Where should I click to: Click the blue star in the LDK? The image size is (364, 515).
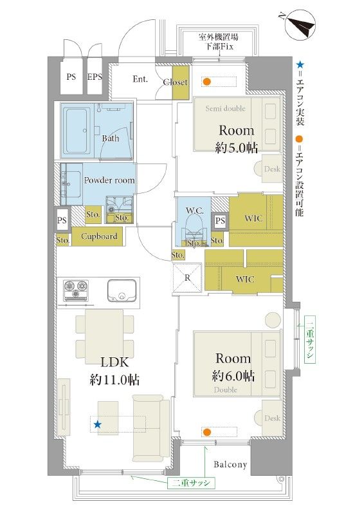[98, 425]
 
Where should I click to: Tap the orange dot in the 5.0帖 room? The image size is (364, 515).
[206, 82]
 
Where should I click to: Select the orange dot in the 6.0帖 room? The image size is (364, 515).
[206, 432]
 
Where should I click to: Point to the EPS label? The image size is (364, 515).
[95, 77]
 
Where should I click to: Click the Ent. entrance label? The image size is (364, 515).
[140, 79]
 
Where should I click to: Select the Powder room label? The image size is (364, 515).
[109, 180]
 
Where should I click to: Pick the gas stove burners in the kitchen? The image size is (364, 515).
[76, 290]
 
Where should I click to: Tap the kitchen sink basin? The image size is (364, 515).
[122, 290]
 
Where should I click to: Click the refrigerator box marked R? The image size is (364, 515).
[187, 277]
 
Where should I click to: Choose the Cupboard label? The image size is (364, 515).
[99, 236]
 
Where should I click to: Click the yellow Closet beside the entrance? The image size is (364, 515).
[181, 83]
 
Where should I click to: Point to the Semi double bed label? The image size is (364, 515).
[226, 108]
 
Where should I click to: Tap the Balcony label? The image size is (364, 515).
[230, 464]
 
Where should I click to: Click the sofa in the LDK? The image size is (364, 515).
[151, 428]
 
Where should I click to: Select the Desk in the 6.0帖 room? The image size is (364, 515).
[269, 418]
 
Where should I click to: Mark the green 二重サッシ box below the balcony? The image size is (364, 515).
[191, 483]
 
